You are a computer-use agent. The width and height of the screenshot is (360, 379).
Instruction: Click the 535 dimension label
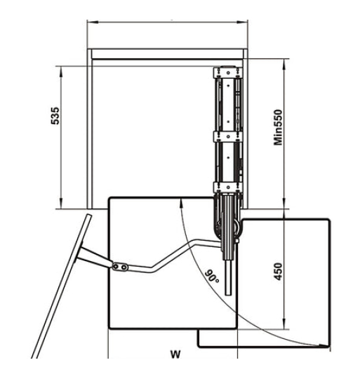[x=55, y=116]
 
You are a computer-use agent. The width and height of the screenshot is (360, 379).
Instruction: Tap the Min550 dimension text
[x=278, y=127]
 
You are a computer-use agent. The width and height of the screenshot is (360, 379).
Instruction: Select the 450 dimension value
[x=278, y=272]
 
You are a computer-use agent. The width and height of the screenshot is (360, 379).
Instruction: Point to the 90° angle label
[x=213, y=277]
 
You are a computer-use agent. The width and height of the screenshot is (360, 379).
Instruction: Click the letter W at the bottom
[x=175, y=354]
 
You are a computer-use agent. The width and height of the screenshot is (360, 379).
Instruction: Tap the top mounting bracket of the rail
[x=227, y=73]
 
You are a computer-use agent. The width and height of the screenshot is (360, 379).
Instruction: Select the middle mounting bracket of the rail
[x=227, y=137]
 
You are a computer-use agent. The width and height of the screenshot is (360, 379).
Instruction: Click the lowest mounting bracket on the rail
[x=227, y=187]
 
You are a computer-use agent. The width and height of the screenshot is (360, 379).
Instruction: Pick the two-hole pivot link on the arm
[x=120, y=267]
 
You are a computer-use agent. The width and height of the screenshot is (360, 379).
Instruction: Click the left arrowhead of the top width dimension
[x=93, y=22]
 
